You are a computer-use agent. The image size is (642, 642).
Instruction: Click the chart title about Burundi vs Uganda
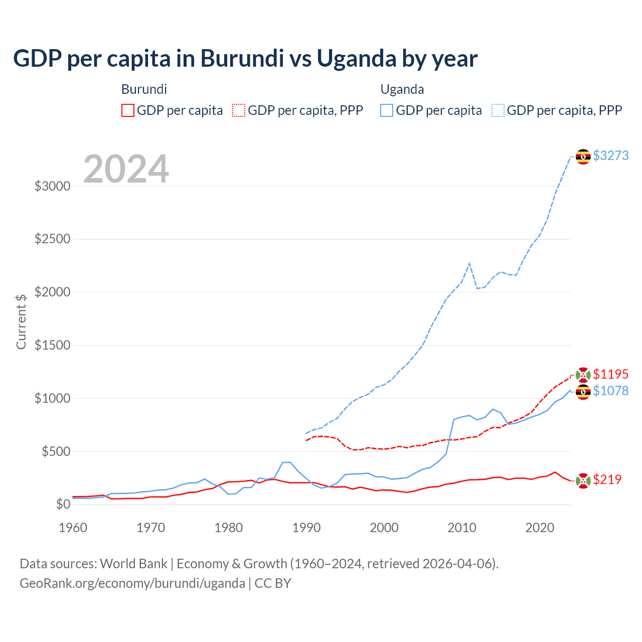coord(245,58)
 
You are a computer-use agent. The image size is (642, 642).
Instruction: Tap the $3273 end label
coord(610,155)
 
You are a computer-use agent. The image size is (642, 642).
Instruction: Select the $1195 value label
coord(610,374)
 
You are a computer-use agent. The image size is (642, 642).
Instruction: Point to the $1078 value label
coord(610,391)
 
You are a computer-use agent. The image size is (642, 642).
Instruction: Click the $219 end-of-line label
coord(607,479)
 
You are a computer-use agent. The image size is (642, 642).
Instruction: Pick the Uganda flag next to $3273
coord(583,156)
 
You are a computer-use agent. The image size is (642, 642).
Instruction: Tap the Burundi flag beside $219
coord(583,480)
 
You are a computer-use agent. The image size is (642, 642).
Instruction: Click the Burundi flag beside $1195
coord(583,375)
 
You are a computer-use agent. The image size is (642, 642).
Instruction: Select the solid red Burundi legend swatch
coord(128,110)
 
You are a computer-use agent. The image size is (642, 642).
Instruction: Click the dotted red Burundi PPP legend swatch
coord(239,110)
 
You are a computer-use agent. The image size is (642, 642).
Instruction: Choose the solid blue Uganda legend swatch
coord(387,110)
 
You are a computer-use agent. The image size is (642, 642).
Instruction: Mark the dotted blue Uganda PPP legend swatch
coord(498,110)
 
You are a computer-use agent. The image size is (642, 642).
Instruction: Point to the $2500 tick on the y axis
coord(52,239)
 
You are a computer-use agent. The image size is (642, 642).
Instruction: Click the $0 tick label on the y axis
coord(63,504)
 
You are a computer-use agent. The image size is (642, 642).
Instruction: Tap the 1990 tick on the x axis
coord(306,528)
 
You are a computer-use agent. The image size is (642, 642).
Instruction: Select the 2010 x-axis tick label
coord(462,528)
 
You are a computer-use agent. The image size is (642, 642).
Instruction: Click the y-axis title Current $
coord(21,322)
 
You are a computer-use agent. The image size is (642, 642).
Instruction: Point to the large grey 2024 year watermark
coord(126,169)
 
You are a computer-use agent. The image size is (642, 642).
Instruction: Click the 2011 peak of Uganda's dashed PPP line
coord(469,263)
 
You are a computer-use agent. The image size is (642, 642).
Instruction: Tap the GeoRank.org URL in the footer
coord(132,583)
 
